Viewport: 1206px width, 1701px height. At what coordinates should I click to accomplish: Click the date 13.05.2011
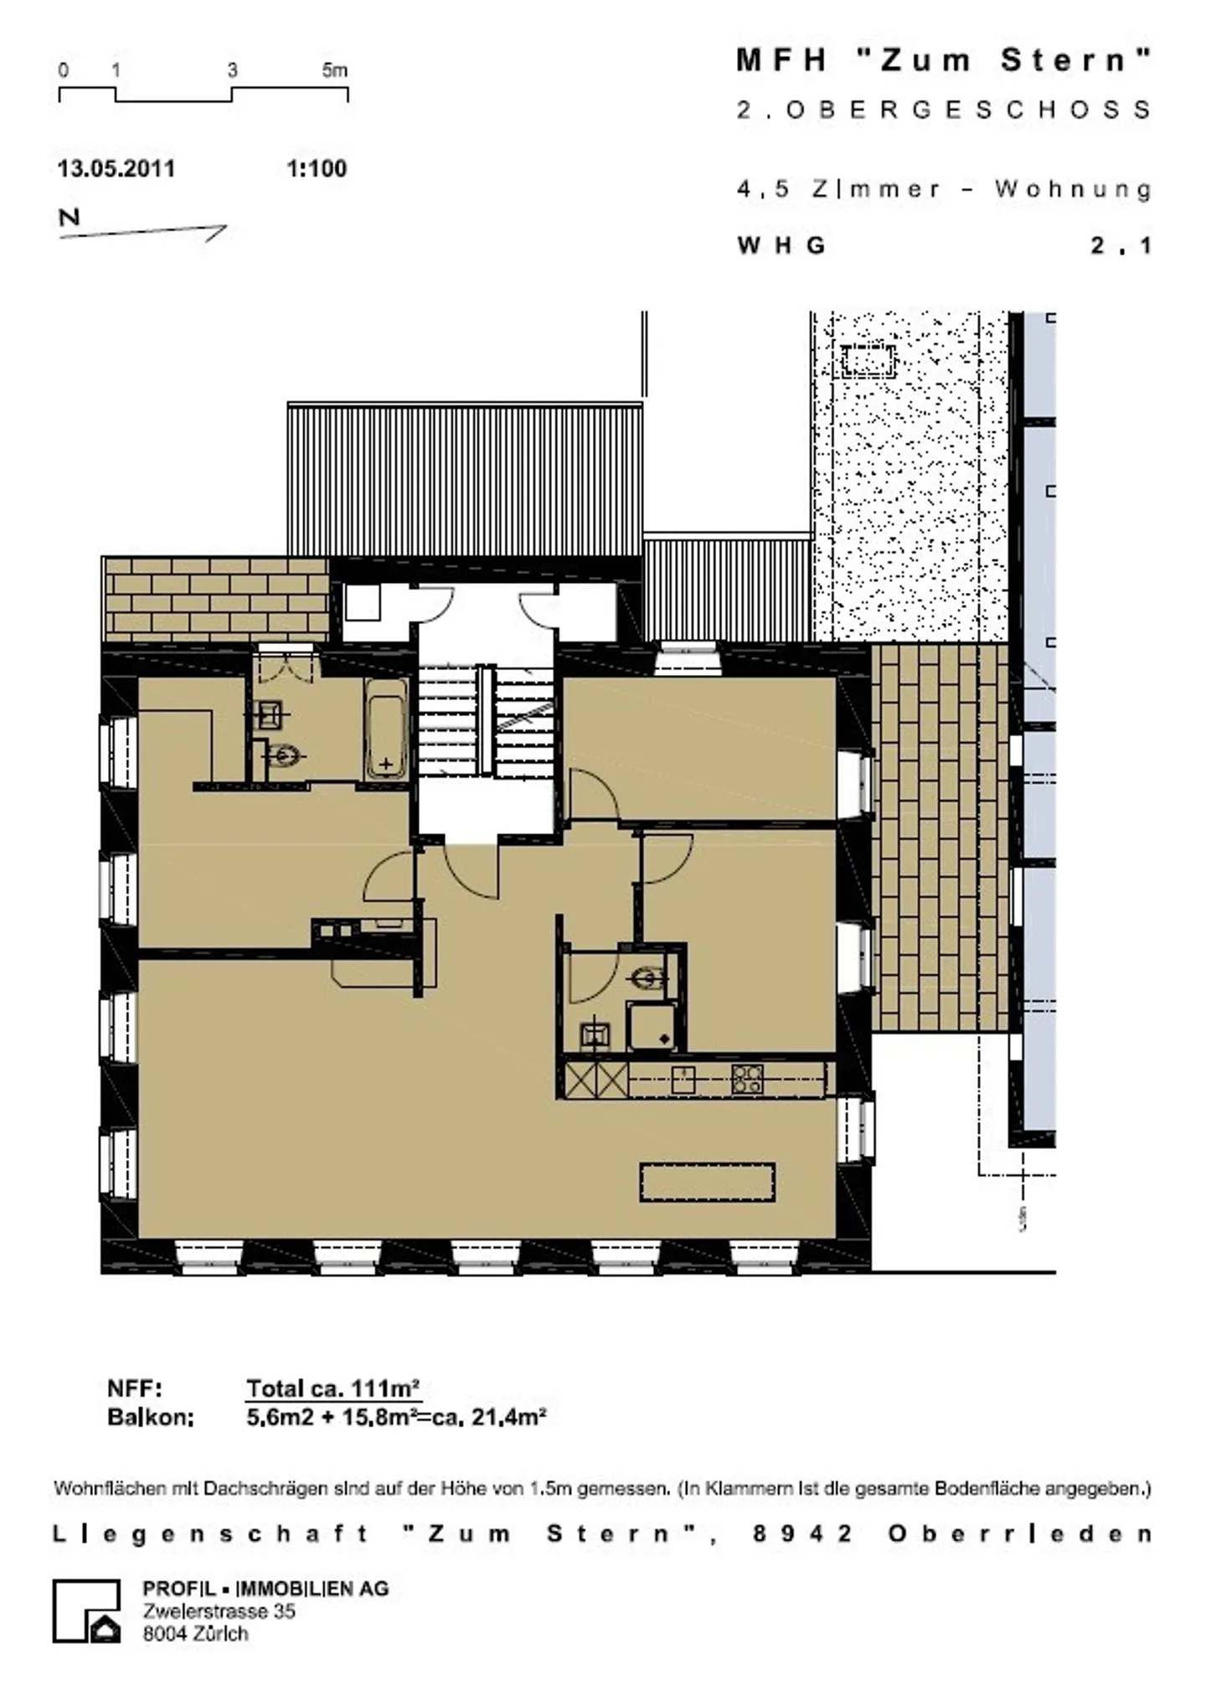point(116,168)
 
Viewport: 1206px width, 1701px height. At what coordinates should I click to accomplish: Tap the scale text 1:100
point(317,168)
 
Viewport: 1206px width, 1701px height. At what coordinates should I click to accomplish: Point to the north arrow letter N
point(69,217)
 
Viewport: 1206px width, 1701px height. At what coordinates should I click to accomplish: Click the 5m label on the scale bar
point(334,71)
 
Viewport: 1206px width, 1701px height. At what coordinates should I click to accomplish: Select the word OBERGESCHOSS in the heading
point(968,110)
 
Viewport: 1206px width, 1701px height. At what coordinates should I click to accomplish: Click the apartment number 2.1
point(1121,245)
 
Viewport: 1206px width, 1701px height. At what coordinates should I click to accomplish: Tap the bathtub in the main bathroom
point(386,729)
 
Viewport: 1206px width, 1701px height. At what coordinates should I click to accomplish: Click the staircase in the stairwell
point(486,719)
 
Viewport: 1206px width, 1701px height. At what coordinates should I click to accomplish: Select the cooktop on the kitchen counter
point(747,1079)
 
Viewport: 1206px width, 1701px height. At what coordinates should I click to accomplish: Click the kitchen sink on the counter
point(683,1079)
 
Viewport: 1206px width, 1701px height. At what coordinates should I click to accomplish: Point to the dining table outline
point(708,1182)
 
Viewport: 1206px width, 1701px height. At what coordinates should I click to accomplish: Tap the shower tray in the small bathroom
point(652,1027)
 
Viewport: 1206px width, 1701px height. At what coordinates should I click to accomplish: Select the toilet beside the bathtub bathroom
point(282,756)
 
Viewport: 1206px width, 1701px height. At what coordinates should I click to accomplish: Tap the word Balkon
point(151,1417)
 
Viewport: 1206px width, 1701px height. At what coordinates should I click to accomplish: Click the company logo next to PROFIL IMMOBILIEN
point(87,1611)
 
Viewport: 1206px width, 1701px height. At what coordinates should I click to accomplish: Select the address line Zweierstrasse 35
point(219,1611)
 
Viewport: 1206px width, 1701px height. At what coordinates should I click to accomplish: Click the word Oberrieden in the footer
point(1020,1533)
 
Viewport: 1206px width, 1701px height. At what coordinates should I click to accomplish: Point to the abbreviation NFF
point(134,1389)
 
